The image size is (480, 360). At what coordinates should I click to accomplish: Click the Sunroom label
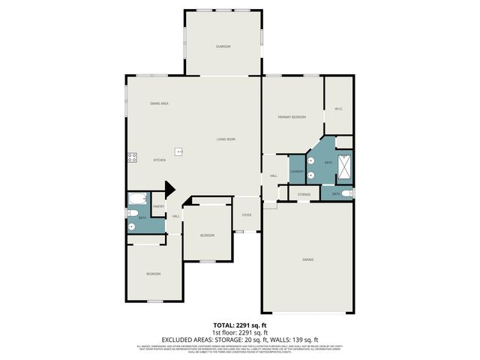click(223, 46)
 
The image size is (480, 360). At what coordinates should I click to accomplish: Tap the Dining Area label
click(159, 103)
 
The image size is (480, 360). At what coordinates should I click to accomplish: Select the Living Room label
click(226, 139)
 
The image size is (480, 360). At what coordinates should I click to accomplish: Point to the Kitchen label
click(160, 160)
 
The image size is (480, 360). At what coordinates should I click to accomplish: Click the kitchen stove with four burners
click(132, 157)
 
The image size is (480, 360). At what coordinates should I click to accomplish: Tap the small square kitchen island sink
click(179, 151)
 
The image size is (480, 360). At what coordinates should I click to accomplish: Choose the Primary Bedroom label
click(292, 117)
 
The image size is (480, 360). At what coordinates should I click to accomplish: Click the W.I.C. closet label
click(338, 109)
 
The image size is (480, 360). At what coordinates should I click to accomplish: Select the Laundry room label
click(296, 172)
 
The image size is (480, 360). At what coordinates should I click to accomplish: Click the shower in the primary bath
click(344, 166)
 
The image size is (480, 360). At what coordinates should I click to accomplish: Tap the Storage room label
click(304, 194)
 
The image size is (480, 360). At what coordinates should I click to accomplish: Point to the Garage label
click(307, 259)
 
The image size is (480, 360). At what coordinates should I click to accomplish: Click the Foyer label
click(246, 215)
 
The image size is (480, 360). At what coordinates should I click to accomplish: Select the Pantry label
click(158, 206)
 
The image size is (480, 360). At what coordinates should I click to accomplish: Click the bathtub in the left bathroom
click(137, 199)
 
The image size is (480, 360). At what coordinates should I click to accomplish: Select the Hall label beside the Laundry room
click(274, 175)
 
